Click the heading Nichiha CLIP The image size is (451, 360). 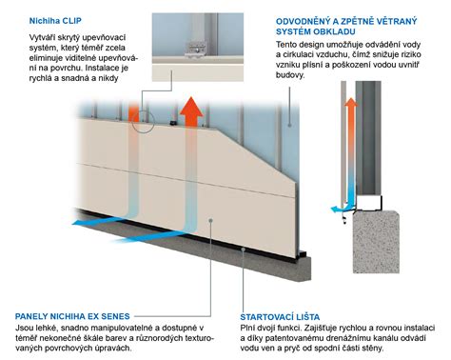(55, 21)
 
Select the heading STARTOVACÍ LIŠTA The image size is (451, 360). (280, 317)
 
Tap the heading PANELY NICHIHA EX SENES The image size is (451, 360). (72, 316)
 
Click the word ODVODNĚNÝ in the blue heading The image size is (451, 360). (302, 21)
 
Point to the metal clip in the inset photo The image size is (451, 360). (196, 50)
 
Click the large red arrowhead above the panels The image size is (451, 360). (191, 108)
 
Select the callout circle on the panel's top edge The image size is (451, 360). (143, 122)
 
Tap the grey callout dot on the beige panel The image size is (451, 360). (210, 220)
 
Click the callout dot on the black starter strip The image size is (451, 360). (243, 250)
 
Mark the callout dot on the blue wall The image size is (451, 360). (289, 125)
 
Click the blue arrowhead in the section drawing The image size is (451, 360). (334, 210)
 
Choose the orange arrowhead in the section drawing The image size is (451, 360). (351, 103)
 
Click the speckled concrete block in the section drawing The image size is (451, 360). (376, 241)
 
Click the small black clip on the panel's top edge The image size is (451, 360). (173, 122)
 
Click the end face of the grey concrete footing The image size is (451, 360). (304, 270)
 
